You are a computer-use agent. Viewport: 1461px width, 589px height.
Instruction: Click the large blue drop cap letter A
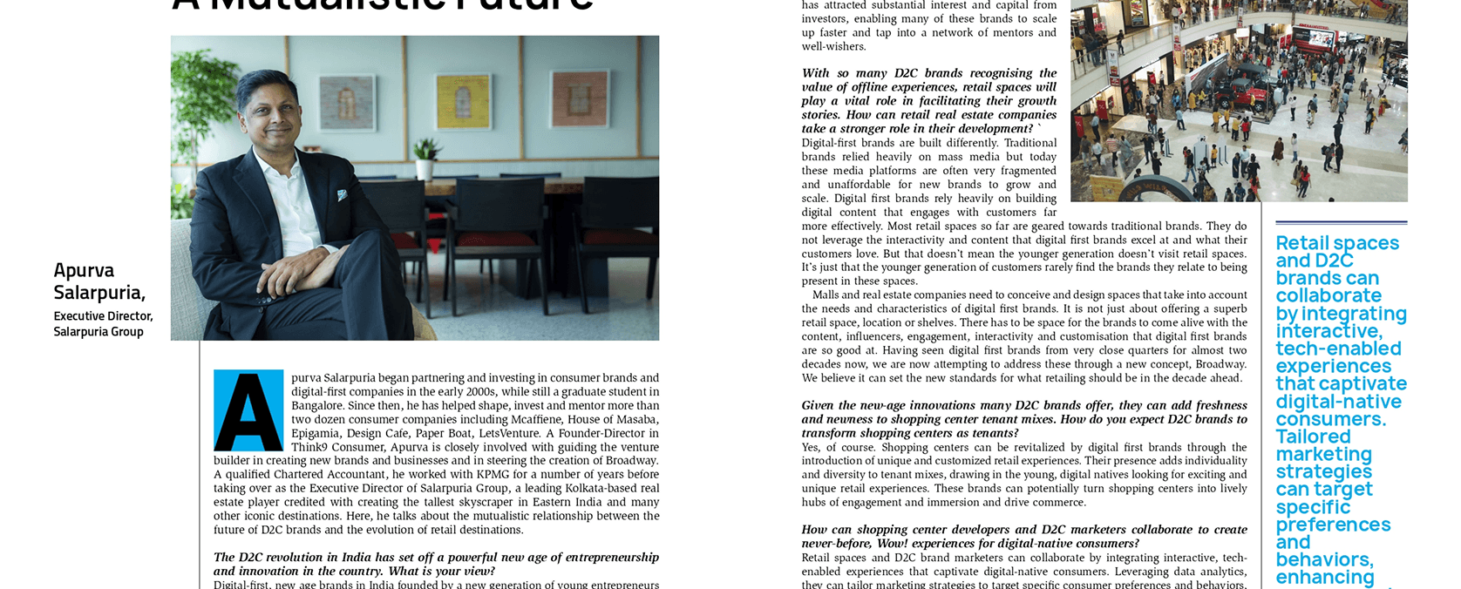coord(248,410)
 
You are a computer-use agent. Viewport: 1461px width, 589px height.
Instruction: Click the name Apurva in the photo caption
coord(84,270)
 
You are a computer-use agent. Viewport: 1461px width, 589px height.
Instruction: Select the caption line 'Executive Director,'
coord(103,316)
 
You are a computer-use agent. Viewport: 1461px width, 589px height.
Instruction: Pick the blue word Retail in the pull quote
coord(1303,243)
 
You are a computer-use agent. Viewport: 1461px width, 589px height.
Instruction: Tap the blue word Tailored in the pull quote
coord(1313,437)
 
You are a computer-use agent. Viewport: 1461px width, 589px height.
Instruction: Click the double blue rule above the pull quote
coord(1341,223)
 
